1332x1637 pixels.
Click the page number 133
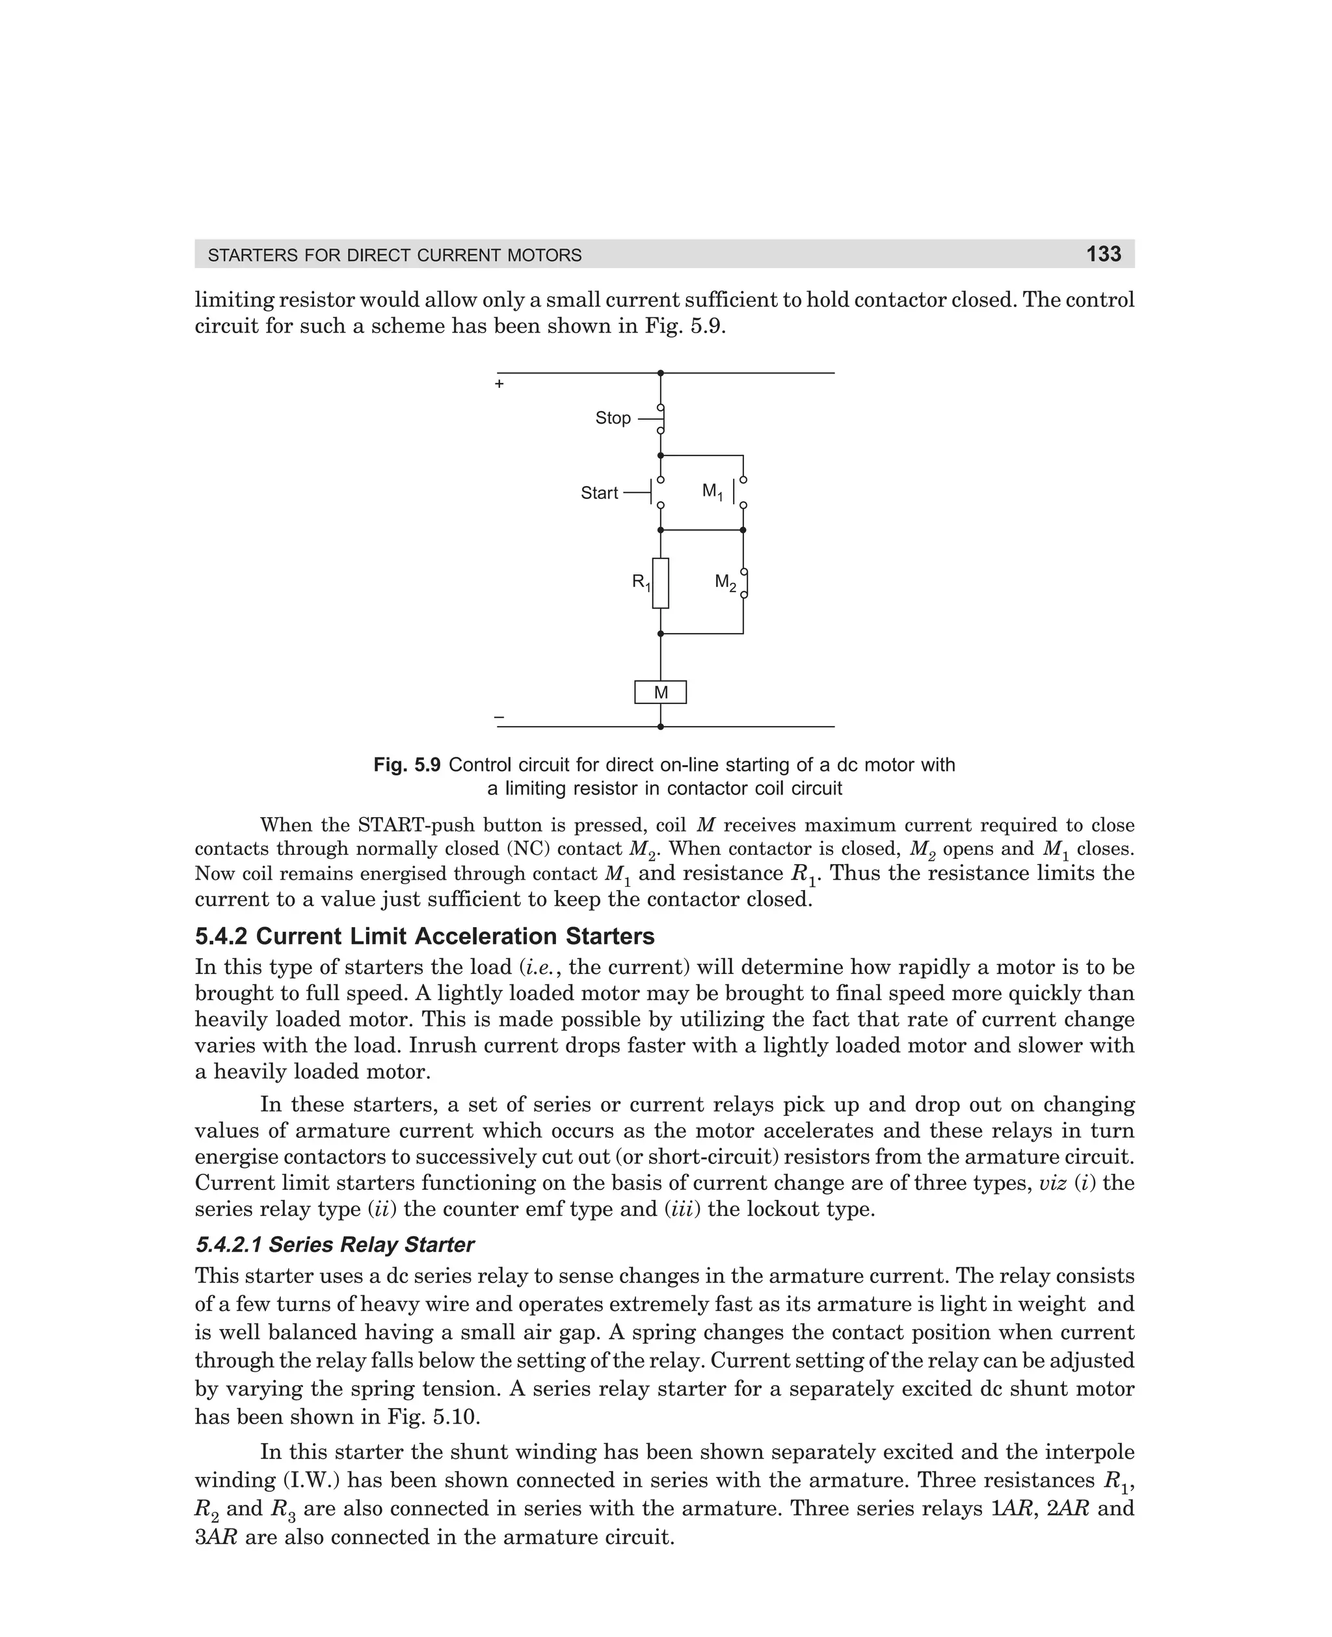point(1103,254)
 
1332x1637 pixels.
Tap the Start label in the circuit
point(598,493)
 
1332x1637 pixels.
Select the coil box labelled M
point(660,692)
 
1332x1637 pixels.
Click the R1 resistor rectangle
point(660,583)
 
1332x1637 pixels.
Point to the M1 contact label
point(712,491)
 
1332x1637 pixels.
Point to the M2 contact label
point(725,582)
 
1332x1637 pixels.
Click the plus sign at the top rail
point(499,384)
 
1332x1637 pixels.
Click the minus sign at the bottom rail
point(499,716)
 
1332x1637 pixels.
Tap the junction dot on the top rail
point(660,373)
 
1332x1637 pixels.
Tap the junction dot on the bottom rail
point(660,726)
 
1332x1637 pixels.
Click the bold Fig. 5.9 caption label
point(406,765)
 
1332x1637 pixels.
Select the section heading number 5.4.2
point(222,936)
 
